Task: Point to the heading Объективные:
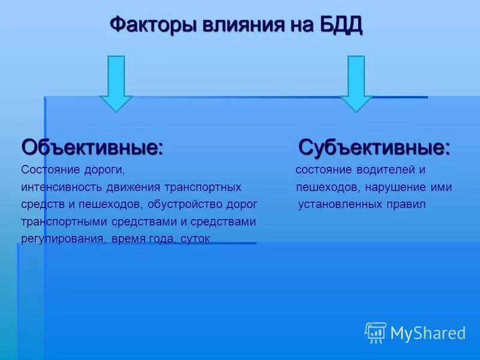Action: (92, 147)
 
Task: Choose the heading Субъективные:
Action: (374, 147)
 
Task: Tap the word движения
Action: (137, 187)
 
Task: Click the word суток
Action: (194, 239)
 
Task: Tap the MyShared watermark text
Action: (428, 332)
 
